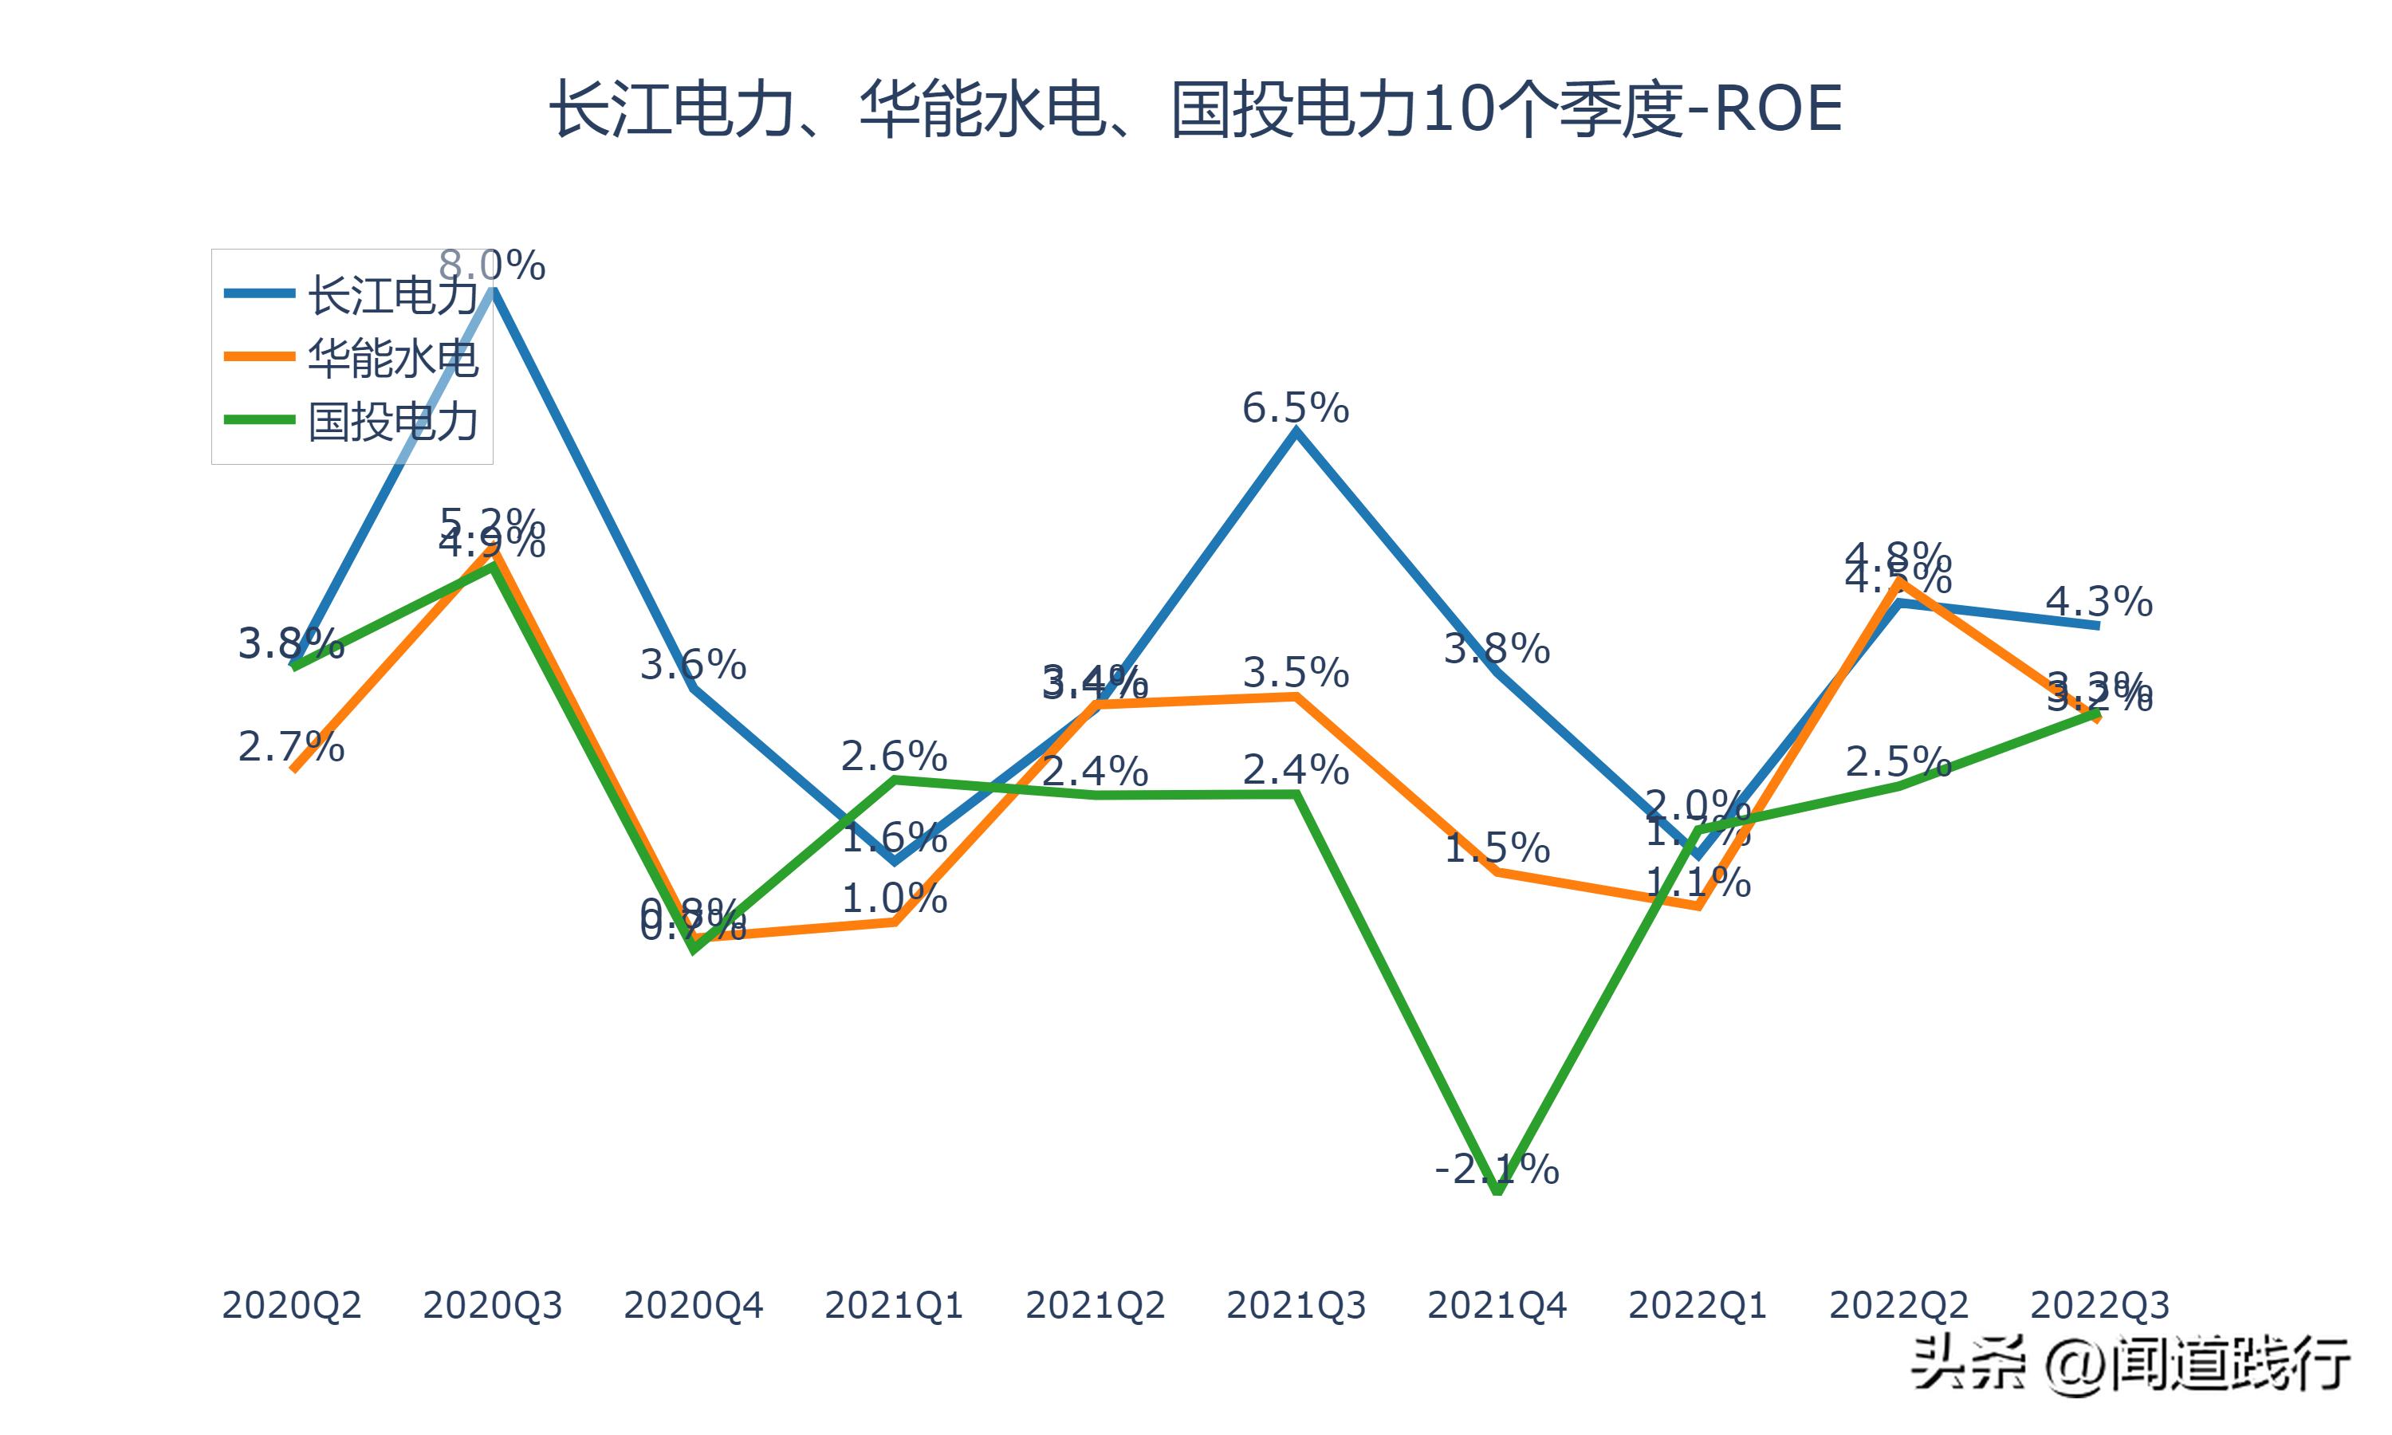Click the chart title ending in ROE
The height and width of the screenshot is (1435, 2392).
pyautogui.click(x=1195, y=109)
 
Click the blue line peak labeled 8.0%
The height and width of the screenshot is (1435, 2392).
pyautogui.click(x=493, y=288)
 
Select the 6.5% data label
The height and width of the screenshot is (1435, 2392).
pyautogui.click(x=1295, y=409)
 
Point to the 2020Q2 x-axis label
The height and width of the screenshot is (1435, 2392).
pyautogui.click(x=291, y=1305)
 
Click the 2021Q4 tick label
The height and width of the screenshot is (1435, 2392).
pyautogui.click(x=1497, y=1305)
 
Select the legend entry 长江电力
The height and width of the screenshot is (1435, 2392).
pyautogui.click(x=391, y=295)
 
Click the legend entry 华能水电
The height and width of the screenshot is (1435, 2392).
pyautogui.click(x=391, y=359)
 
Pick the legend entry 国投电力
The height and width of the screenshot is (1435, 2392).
pyautogui.click(x=391, y=423)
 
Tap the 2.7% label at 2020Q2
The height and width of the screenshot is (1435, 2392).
pyautogui.click(x=291, y=748)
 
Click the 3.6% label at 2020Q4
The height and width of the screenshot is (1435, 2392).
pyautogui.click(x=693, y=666)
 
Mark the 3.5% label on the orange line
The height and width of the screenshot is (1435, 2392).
pyautogui.click(x=1295, y=673)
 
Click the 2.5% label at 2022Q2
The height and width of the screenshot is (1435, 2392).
pyautogui.click(x=1898, y=762)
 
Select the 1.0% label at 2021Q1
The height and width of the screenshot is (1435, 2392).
pyautogui.click(x=895, y=899)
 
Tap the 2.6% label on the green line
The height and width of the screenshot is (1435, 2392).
pyautogui.click(x=895, y=757)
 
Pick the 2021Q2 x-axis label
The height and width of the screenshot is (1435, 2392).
pyautogui.click(x=1095, y=1305)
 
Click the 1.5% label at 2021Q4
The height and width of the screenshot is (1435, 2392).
pyautogui.click(x=1497, y=848)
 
